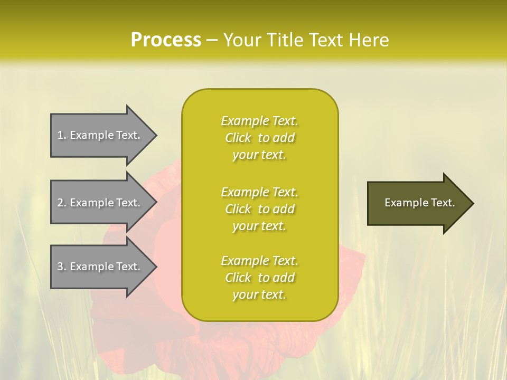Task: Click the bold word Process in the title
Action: [166, 40]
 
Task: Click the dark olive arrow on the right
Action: [417, 203]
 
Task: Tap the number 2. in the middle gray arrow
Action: [62, 203]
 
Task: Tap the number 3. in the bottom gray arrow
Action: [62, 267]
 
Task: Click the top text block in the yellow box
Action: [259, 138]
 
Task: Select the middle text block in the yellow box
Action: [259, 209]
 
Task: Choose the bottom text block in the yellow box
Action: [259, 278]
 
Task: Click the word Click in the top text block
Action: [238, 138]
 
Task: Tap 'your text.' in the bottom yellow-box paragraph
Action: [259, 294]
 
